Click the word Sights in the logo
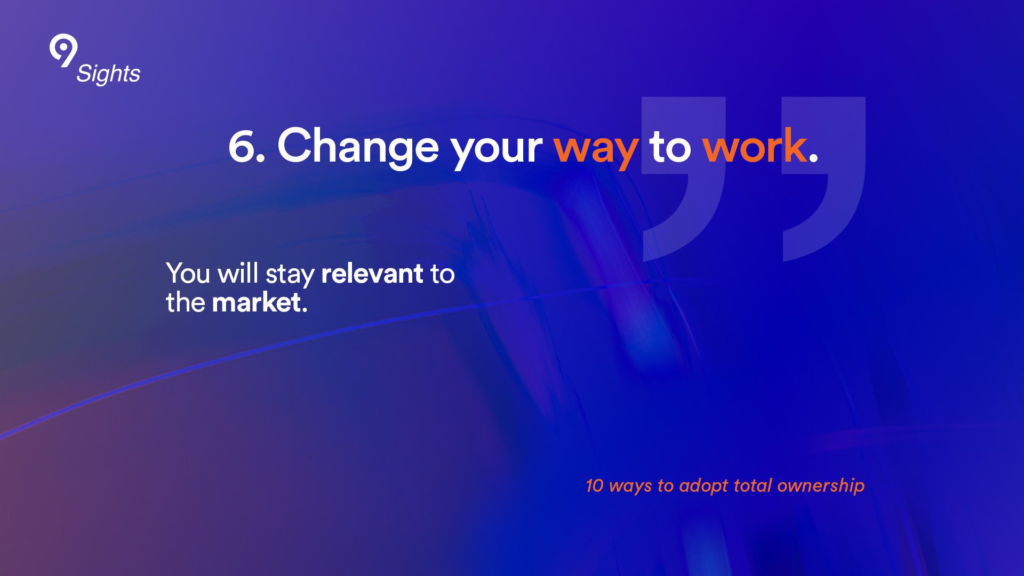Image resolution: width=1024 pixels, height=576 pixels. pos(108,74)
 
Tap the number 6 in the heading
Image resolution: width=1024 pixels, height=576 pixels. pos(243,146)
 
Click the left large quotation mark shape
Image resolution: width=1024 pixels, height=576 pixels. pos(684,179)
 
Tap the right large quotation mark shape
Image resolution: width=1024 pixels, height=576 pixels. pos(823,179)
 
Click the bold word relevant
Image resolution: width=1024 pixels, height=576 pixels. pos(372,273)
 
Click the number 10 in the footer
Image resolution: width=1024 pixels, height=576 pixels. pos(594,485)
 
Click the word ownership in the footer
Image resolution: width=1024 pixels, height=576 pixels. pos(821,486)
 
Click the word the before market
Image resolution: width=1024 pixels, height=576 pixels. pos(185,302)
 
